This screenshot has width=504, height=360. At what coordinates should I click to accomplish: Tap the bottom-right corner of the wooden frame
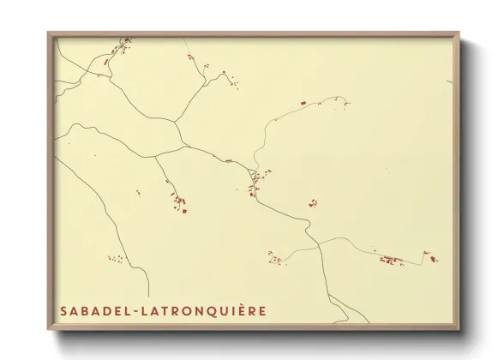coord(460,330)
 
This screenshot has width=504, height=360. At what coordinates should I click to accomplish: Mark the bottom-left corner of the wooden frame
coord(49,330)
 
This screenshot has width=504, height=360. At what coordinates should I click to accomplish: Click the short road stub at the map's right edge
coord(448,82)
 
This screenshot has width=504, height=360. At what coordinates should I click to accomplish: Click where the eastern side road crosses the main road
coord(318,242)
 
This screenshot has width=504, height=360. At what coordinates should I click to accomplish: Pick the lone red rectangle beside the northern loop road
coord(303,104)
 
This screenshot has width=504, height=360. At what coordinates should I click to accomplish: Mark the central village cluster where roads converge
coord(254,178)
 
